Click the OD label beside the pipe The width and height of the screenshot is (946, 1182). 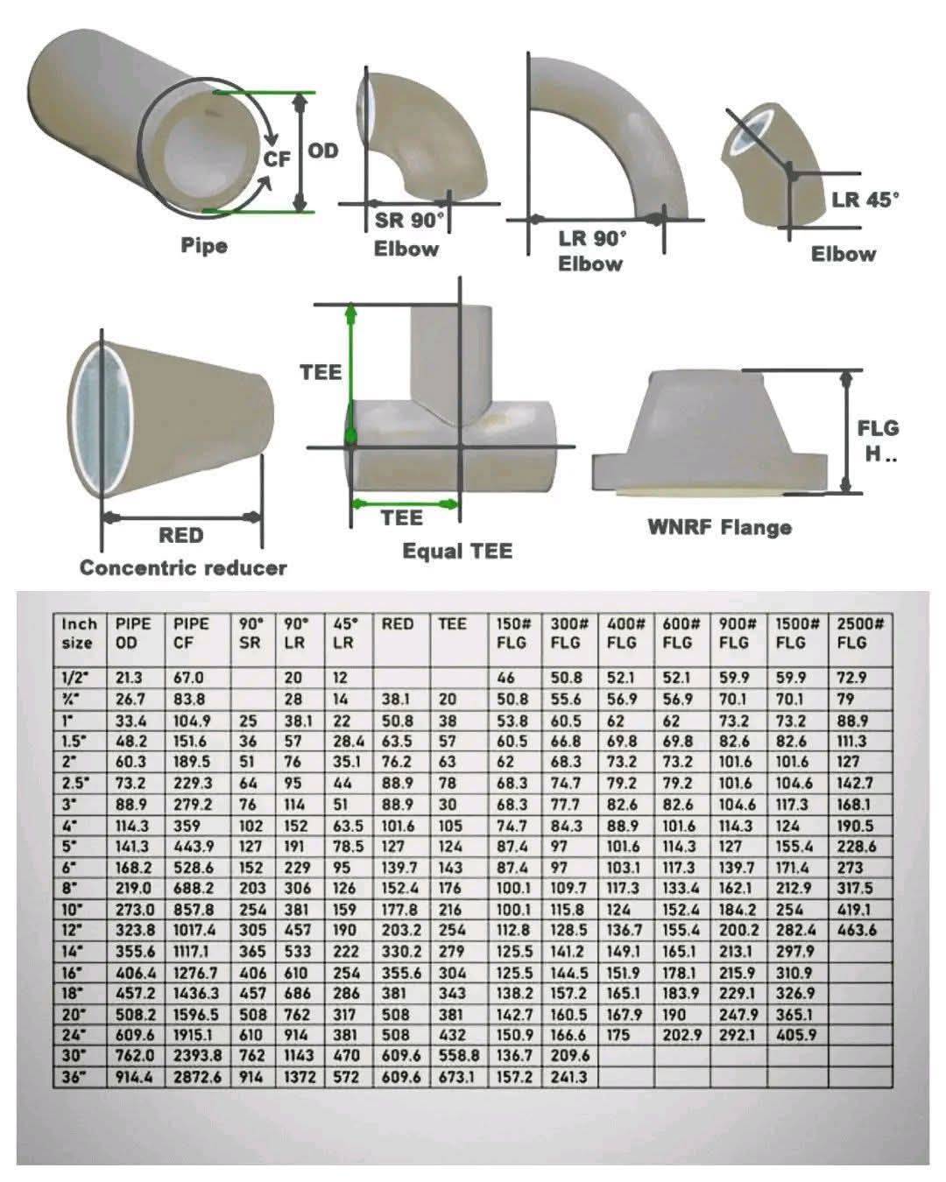(x=322, y=151)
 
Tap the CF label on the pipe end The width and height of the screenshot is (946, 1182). (x=277, y=159)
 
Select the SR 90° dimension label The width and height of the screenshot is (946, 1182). (x=409, y=221)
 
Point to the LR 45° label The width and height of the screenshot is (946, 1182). (x=865, y=200)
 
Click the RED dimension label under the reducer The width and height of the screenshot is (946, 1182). (x=180, y=535)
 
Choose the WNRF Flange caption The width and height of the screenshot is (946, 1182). (x=720, y=527)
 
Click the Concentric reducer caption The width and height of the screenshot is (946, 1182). (x=183, y=568)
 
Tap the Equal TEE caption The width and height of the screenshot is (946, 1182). (x=457, y=551)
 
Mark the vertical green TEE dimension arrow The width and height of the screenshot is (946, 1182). (x=350, y=374)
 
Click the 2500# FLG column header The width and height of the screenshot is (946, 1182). (x=859, y=633)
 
